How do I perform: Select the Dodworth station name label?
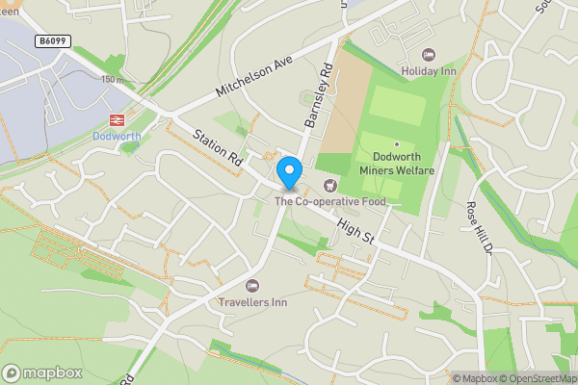[117, 137]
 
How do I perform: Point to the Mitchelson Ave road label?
[253, 74]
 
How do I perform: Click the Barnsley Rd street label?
[319, 96]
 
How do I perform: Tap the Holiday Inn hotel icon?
[430, 54]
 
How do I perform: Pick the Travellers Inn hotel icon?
[252, 285]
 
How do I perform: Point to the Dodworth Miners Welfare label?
[397, 164]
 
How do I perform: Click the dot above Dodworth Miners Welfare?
[397, 143]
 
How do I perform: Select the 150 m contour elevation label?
[114, 79]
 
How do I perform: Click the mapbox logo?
[42, 372]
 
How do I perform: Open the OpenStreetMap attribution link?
[538, 378]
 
